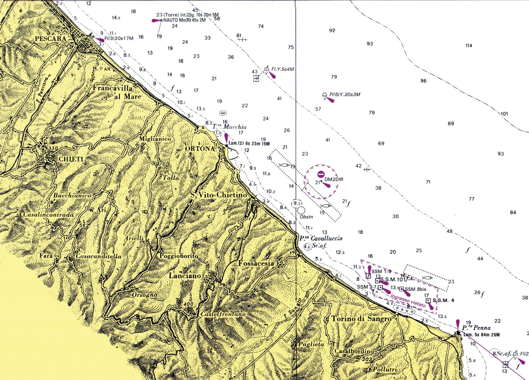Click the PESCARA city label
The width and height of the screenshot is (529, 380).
pyautogui.click(x=50, y=39)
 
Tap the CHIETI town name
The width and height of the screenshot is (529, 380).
pyautogui.click(x=71, y=159)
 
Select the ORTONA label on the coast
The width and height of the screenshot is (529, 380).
pyautogui.click(x=200, y=148)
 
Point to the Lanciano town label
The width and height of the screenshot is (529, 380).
pyautogui.click(x=185, y=275)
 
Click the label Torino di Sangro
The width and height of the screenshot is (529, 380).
pyautogui.click(x=362, y=319)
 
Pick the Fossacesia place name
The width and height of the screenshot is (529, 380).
pyautogui.click(x=256, y=263)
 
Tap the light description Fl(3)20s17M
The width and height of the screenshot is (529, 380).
pyautogui.click(x=119, y=38)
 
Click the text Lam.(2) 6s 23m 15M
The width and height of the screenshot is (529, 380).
pyautogui.click(x=249, y=143)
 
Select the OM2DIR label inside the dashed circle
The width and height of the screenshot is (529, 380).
pyautogui.click(x=334, y=179)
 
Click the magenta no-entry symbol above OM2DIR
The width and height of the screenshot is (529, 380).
pyautogui.click(x=321, y=174)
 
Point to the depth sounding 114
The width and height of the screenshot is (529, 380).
pyautogui.click(x=469, y=45)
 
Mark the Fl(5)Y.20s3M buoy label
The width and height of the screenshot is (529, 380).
pyautogui.click(x=345, y=95)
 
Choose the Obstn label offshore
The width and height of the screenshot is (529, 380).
pyautogui.click(x=307, y=217)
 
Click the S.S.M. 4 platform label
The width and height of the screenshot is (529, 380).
pyautogui.click(x=443, y=300)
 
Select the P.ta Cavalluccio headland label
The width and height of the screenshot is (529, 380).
pyautogui.click(x=321, y=238)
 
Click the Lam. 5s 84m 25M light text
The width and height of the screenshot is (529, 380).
pyautogui.click(x=482, y=335)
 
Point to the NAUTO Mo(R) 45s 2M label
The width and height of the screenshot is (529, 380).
pyautogui.click(x=184, y=20)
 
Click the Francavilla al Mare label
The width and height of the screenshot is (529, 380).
pyautogui.click(x=117, y=92)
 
